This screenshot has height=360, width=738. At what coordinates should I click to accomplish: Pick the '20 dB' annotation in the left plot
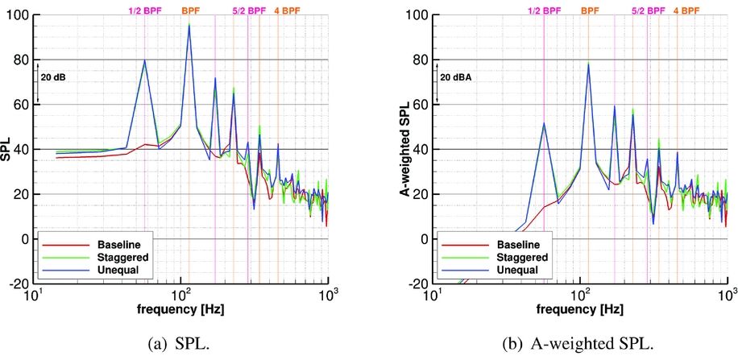tap(53, 77)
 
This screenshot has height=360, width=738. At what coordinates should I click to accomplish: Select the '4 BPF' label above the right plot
tap(686, 10)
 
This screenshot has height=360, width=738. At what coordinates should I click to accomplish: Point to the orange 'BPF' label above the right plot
tap(591, 10)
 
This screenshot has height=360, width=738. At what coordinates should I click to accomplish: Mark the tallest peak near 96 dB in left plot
tap(189, 25)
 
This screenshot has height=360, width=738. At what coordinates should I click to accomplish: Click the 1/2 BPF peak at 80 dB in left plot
tap(145, 60)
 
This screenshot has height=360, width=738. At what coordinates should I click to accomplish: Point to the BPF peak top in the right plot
tap(588, 63)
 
